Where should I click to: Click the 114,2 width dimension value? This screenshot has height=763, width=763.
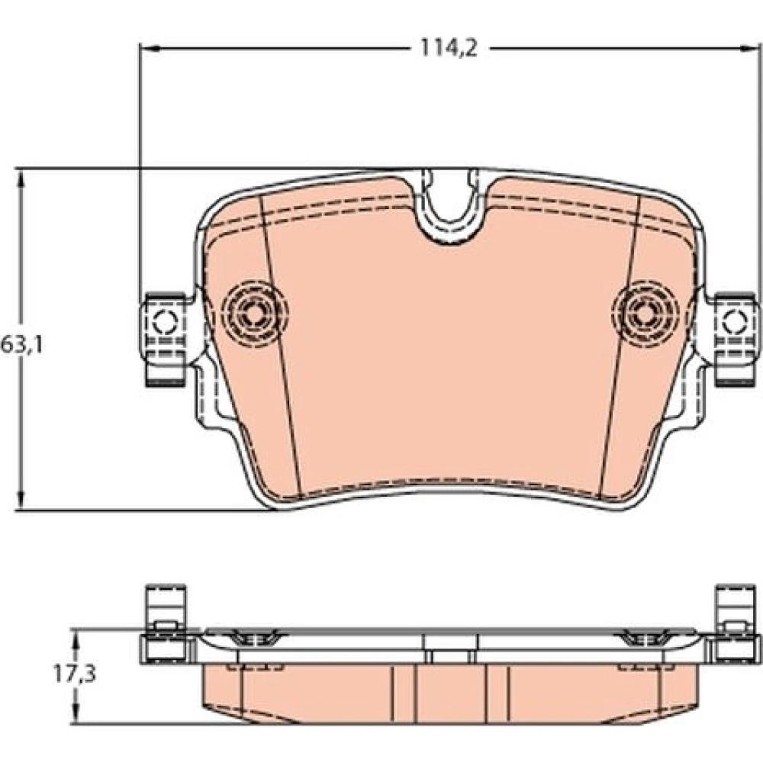449,48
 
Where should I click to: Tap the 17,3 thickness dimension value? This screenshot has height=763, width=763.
75,674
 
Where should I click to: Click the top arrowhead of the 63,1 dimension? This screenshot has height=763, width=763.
21,180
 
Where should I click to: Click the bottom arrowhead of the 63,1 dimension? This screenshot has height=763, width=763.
21,500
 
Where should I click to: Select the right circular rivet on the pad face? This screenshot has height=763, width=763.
645,314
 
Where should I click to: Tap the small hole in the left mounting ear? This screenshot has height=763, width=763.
166,320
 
